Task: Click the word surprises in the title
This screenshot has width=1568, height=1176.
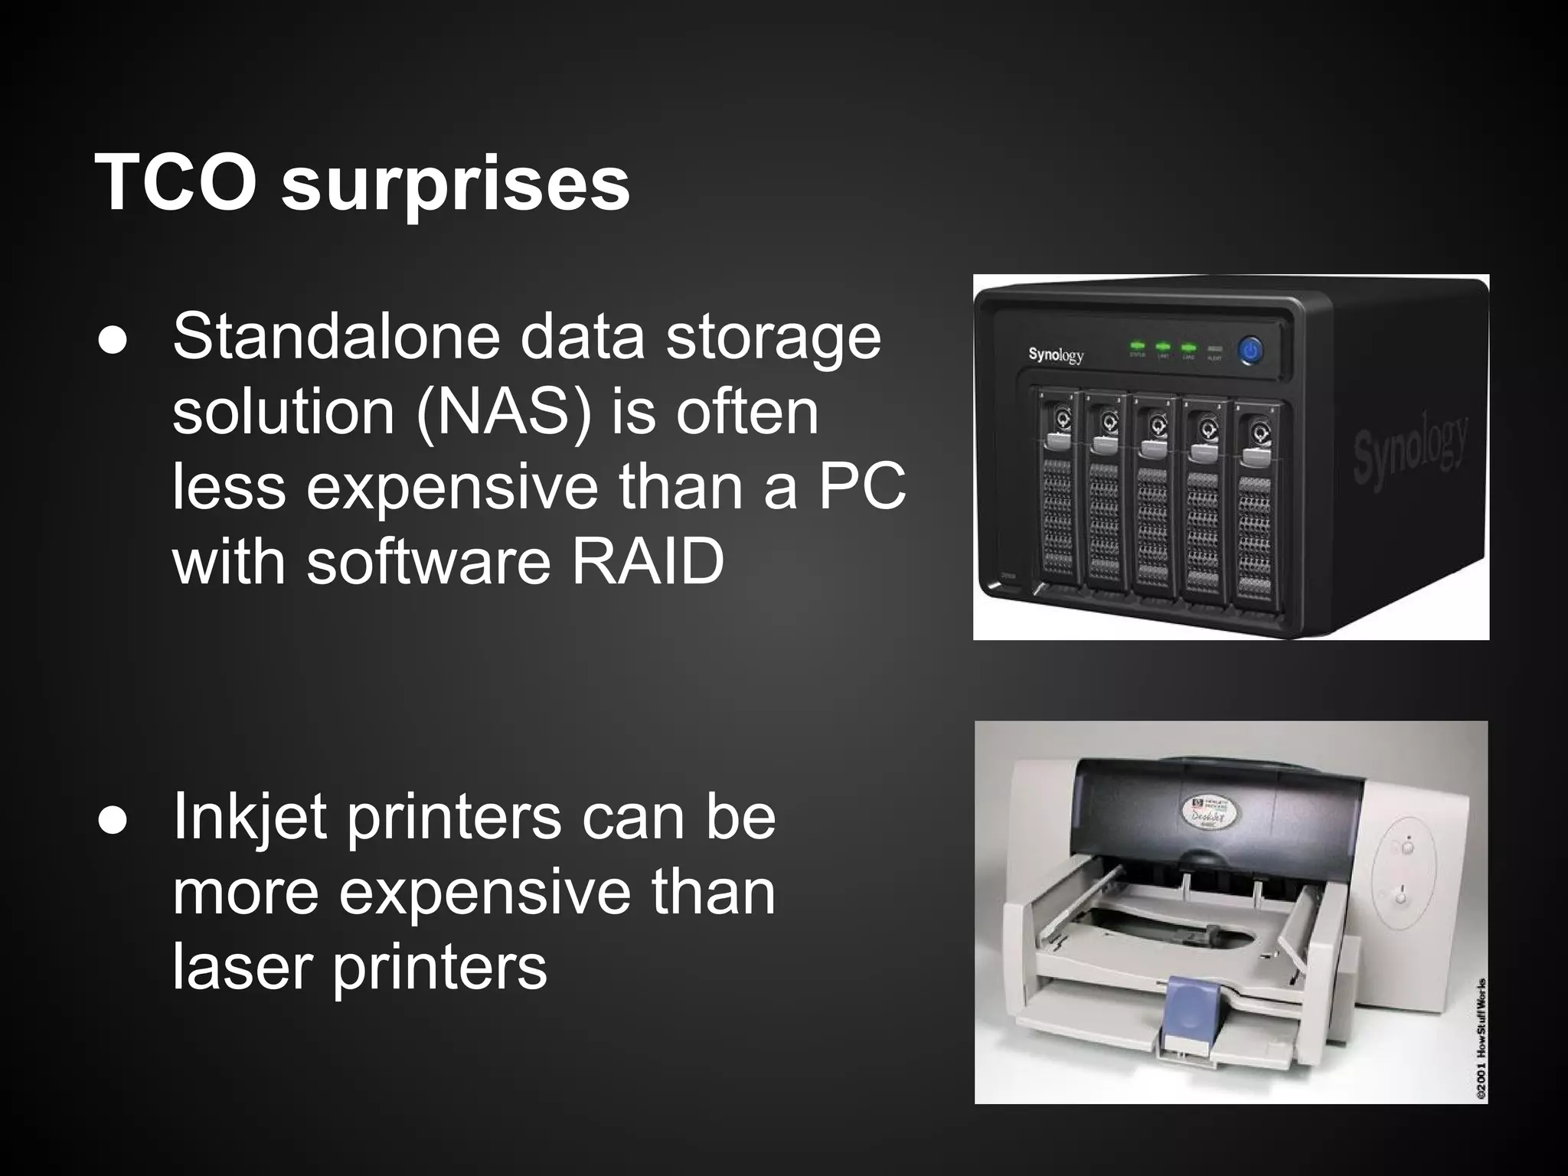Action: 456,188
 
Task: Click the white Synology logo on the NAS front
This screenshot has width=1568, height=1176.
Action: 1056,354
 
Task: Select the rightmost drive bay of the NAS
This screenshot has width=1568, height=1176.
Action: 1253,498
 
